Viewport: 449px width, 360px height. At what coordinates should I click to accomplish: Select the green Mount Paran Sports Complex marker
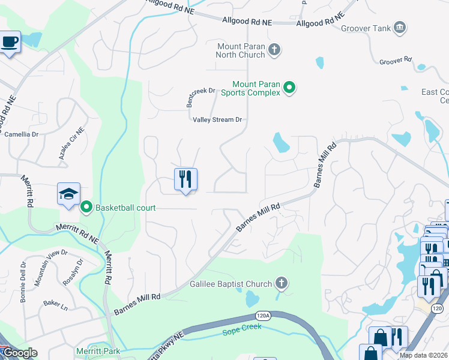289,88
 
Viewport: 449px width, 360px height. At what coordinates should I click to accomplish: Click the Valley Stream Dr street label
217,119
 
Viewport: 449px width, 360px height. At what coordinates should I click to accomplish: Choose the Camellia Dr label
22,134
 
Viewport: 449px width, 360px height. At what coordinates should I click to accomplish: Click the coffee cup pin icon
9,43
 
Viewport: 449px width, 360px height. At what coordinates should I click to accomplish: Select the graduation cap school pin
68,194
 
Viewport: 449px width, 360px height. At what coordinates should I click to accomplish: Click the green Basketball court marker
86,208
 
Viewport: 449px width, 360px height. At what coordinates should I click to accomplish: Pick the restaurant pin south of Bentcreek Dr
185,179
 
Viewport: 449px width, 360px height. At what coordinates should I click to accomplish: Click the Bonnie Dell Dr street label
23,273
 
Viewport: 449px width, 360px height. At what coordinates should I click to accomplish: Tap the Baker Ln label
55,305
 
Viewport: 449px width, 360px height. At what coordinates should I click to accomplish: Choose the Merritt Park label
98,351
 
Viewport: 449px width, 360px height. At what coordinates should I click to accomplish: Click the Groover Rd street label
396,61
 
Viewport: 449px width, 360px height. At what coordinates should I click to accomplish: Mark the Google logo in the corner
19,353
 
